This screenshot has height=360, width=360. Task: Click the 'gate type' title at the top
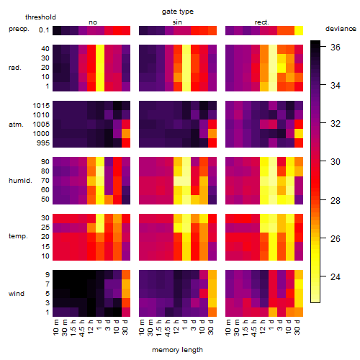[x=178, y=12]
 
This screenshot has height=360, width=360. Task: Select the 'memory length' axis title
[x=177, y=350]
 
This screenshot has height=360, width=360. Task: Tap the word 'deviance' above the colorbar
[x=341, y=29]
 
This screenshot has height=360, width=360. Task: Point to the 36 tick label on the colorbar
[x=336, y=48]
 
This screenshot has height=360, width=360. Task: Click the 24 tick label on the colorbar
[x=336, y=277]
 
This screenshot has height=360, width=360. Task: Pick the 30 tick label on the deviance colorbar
[x=336, y=162]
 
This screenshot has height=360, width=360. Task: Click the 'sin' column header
[x=177, y=22]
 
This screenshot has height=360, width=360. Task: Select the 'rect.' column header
[x=262, y=22]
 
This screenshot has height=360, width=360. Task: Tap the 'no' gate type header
[x=93, y=22]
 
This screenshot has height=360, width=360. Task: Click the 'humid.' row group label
[x=20, y=181]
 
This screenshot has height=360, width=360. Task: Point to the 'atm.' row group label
[x=16, y=125]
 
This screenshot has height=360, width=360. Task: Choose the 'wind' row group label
[x=17, y=294]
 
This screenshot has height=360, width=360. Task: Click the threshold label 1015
[x=41, y=106]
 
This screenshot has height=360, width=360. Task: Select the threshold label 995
[x=43, y=143]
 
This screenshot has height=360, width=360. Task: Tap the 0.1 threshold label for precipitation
[x=44, y=30]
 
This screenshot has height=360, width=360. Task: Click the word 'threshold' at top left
[x=40, y=17]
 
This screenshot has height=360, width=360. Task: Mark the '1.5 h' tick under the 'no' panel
[x=73, y=328]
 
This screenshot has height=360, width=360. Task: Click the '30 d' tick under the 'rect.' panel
[x=297, y=328]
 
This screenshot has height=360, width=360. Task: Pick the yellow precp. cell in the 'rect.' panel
[x=299, y=30]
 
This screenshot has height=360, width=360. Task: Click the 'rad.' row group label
[x=15, y=68]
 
